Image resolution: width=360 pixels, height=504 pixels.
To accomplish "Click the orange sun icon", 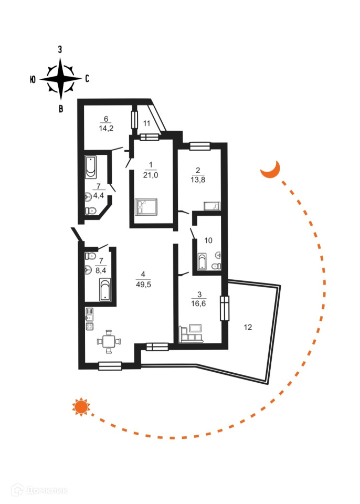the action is coord(81,407).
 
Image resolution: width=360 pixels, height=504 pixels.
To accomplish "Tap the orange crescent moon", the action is coord(271,170).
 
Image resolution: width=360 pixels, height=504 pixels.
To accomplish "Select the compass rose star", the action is coord(61,79).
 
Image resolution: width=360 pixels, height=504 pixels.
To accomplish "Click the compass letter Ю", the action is coord(33,79).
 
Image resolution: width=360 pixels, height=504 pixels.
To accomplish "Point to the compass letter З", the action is coord(61,50).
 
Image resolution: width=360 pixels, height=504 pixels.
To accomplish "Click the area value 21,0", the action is coord(151,175).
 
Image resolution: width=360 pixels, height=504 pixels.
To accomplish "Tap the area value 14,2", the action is coord(105,127).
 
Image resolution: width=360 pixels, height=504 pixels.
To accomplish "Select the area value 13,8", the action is coord(197,179).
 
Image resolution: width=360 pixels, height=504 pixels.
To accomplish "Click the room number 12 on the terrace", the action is coord(248,327).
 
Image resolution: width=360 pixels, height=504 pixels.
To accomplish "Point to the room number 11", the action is coord(147,123).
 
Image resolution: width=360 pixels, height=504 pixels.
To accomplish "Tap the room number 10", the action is coord(208,240).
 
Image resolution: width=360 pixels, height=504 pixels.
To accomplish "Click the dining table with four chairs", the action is coord(109,341).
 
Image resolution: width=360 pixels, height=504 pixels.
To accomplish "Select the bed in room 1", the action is coord(145,207).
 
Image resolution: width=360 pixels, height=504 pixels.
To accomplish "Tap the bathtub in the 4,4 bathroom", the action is coord(91,166).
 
